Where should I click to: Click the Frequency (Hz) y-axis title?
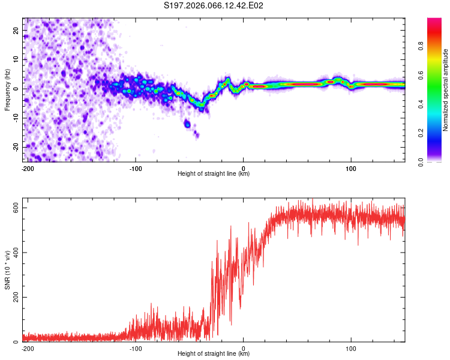click(7, 89)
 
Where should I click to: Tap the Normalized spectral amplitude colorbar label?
click(446, 90)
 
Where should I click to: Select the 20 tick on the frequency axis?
click(16, 30)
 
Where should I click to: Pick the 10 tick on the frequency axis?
click(16, 59)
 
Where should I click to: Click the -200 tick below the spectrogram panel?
click(27, 167)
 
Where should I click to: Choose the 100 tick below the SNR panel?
click(351, 347)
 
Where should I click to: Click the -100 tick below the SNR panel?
click(135, 347)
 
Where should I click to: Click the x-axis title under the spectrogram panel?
click(214, 174)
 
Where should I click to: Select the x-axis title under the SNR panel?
click(214, 354)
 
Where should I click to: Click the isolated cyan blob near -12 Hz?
click(187, 124)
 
